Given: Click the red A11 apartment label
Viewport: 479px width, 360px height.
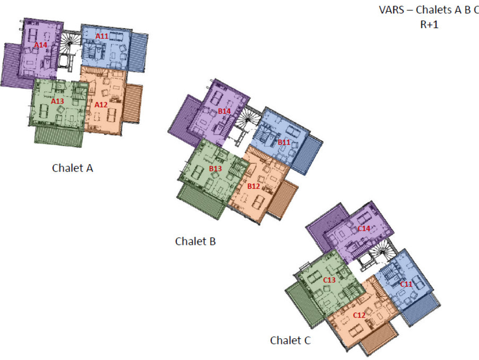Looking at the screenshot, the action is pos(102,36).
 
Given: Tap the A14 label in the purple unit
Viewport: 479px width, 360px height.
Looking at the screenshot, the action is pos(41,45).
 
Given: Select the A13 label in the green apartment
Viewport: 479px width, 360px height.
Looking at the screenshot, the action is pos(57,101).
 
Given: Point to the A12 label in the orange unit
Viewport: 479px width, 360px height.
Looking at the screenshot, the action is pos(101,105).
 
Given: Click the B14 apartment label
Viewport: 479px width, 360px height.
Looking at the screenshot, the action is pos(224,111).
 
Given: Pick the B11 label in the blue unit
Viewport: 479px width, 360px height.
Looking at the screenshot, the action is pos(284,142).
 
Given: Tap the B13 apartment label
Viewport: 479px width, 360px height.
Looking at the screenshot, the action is pos(216,168).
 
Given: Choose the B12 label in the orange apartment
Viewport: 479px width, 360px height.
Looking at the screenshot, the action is pos(253,186).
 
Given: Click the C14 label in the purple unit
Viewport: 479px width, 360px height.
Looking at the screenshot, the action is pos(364,228).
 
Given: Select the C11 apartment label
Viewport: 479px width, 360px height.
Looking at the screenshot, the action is pos(406,284).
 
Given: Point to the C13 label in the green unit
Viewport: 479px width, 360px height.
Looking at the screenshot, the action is pos(329,280).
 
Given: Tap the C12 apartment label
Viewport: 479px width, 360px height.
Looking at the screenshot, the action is pos(359,315).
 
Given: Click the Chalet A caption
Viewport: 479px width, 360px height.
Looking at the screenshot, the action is pos(72,168).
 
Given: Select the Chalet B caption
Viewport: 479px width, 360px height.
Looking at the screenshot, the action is pos(195,241).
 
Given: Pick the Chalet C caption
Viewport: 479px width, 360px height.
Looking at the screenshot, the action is pos(290,340).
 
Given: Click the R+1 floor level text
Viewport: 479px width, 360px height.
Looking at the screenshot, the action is pos(429,24).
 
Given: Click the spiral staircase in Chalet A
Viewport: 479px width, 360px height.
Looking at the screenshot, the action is pos(69,44).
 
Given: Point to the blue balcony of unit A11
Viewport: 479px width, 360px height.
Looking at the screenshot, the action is pos(138,52).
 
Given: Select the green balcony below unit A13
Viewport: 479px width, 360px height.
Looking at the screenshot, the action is pos(58,136).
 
